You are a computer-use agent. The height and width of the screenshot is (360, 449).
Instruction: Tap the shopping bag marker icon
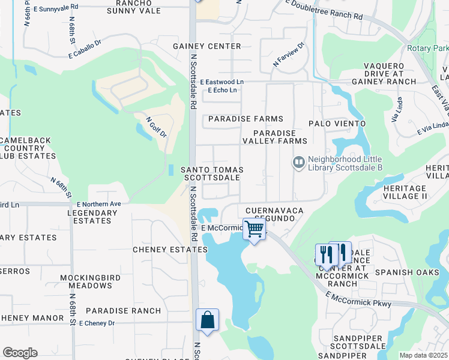point(207,320)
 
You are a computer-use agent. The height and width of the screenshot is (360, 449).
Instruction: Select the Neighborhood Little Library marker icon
point(298,163)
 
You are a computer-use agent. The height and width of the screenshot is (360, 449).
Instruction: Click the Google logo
point(20,353)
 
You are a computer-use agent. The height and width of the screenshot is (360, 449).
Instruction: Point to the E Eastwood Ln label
point(222,82)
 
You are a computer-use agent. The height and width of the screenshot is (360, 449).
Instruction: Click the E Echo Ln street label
point(222,91)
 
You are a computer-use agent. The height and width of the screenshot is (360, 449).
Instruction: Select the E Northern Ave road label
point(98,205)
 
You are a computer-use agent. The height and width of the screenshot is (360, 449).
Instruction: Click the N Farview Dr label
point(289,54)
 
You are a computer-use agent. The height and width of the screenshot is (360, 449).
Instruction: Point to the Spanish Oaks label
point(402,272)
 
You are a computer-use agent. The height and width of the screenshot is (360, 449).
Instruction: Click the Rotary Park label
point(427,48)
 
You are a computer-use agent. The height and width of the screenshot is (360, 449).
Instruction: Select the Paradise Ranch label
point(123,311)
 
